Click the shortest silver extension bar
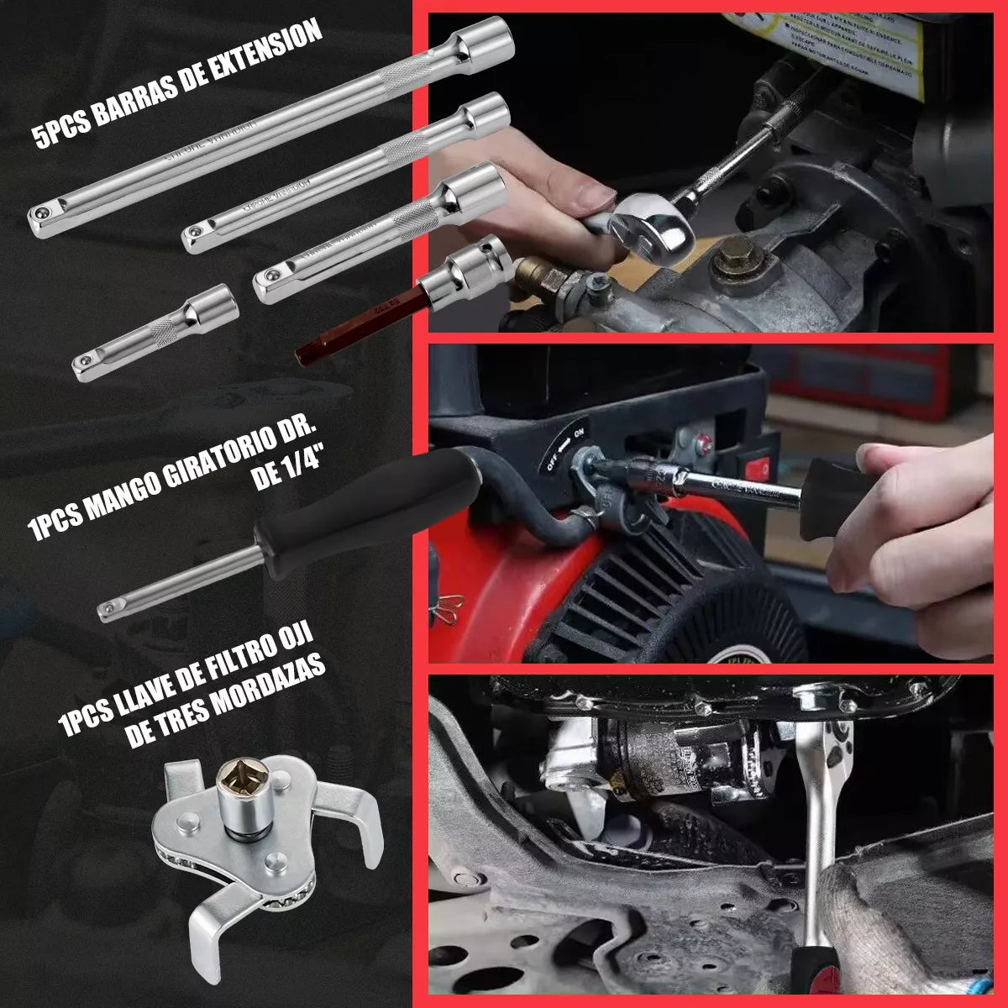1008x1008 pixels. (155, 333)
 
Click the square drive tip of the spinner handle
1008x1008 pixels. (108, 610)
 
